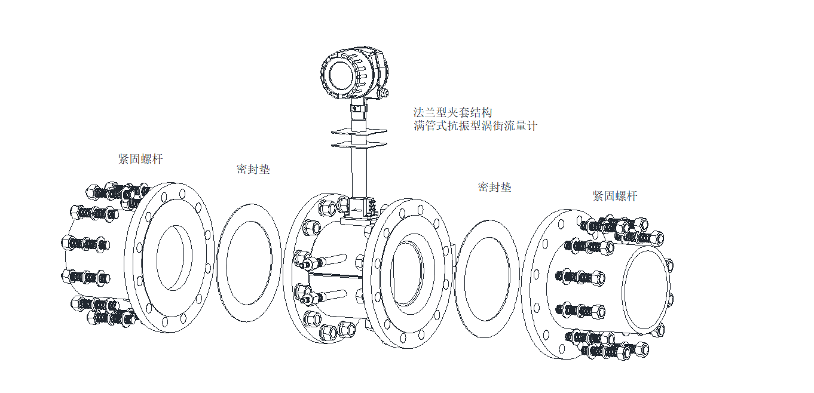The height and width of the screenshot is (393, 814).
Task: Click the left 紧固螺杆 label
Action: tap(140, 159)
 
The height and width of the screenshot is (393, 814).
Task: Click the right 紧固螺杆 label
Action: tap(615, 196)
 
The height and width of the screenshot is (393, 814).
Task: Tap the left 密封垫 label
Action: tap(253, 170)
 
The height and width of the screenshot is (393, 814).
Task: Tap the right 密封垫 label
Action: tap(494, 187)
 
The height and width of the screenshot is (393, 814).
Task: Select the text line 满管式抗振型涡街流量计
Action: tap(476, 126)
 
